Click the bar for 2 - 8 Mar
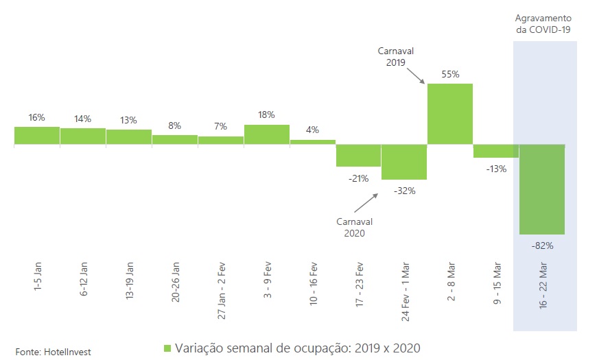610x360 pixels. pos(450,114)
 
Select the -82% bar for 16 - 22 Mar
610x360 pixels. pos(542,189)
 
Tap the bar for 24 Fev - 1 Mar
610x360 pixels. pos(404,162)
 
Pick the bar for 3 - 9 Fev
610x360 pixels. pos(266,134)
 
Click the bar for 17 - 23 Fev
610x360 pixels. pos(358,156)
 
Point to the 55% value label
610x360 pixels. pos(450,74)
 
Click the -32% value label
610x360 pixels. pos(405,191)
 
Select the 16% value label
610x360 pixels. pos(37,117)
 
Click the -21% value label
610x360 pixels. pos(358,178)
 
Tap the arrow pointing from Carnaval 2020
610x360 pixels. pos(366,204)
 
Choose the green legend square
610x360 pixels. pos(167,348)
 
